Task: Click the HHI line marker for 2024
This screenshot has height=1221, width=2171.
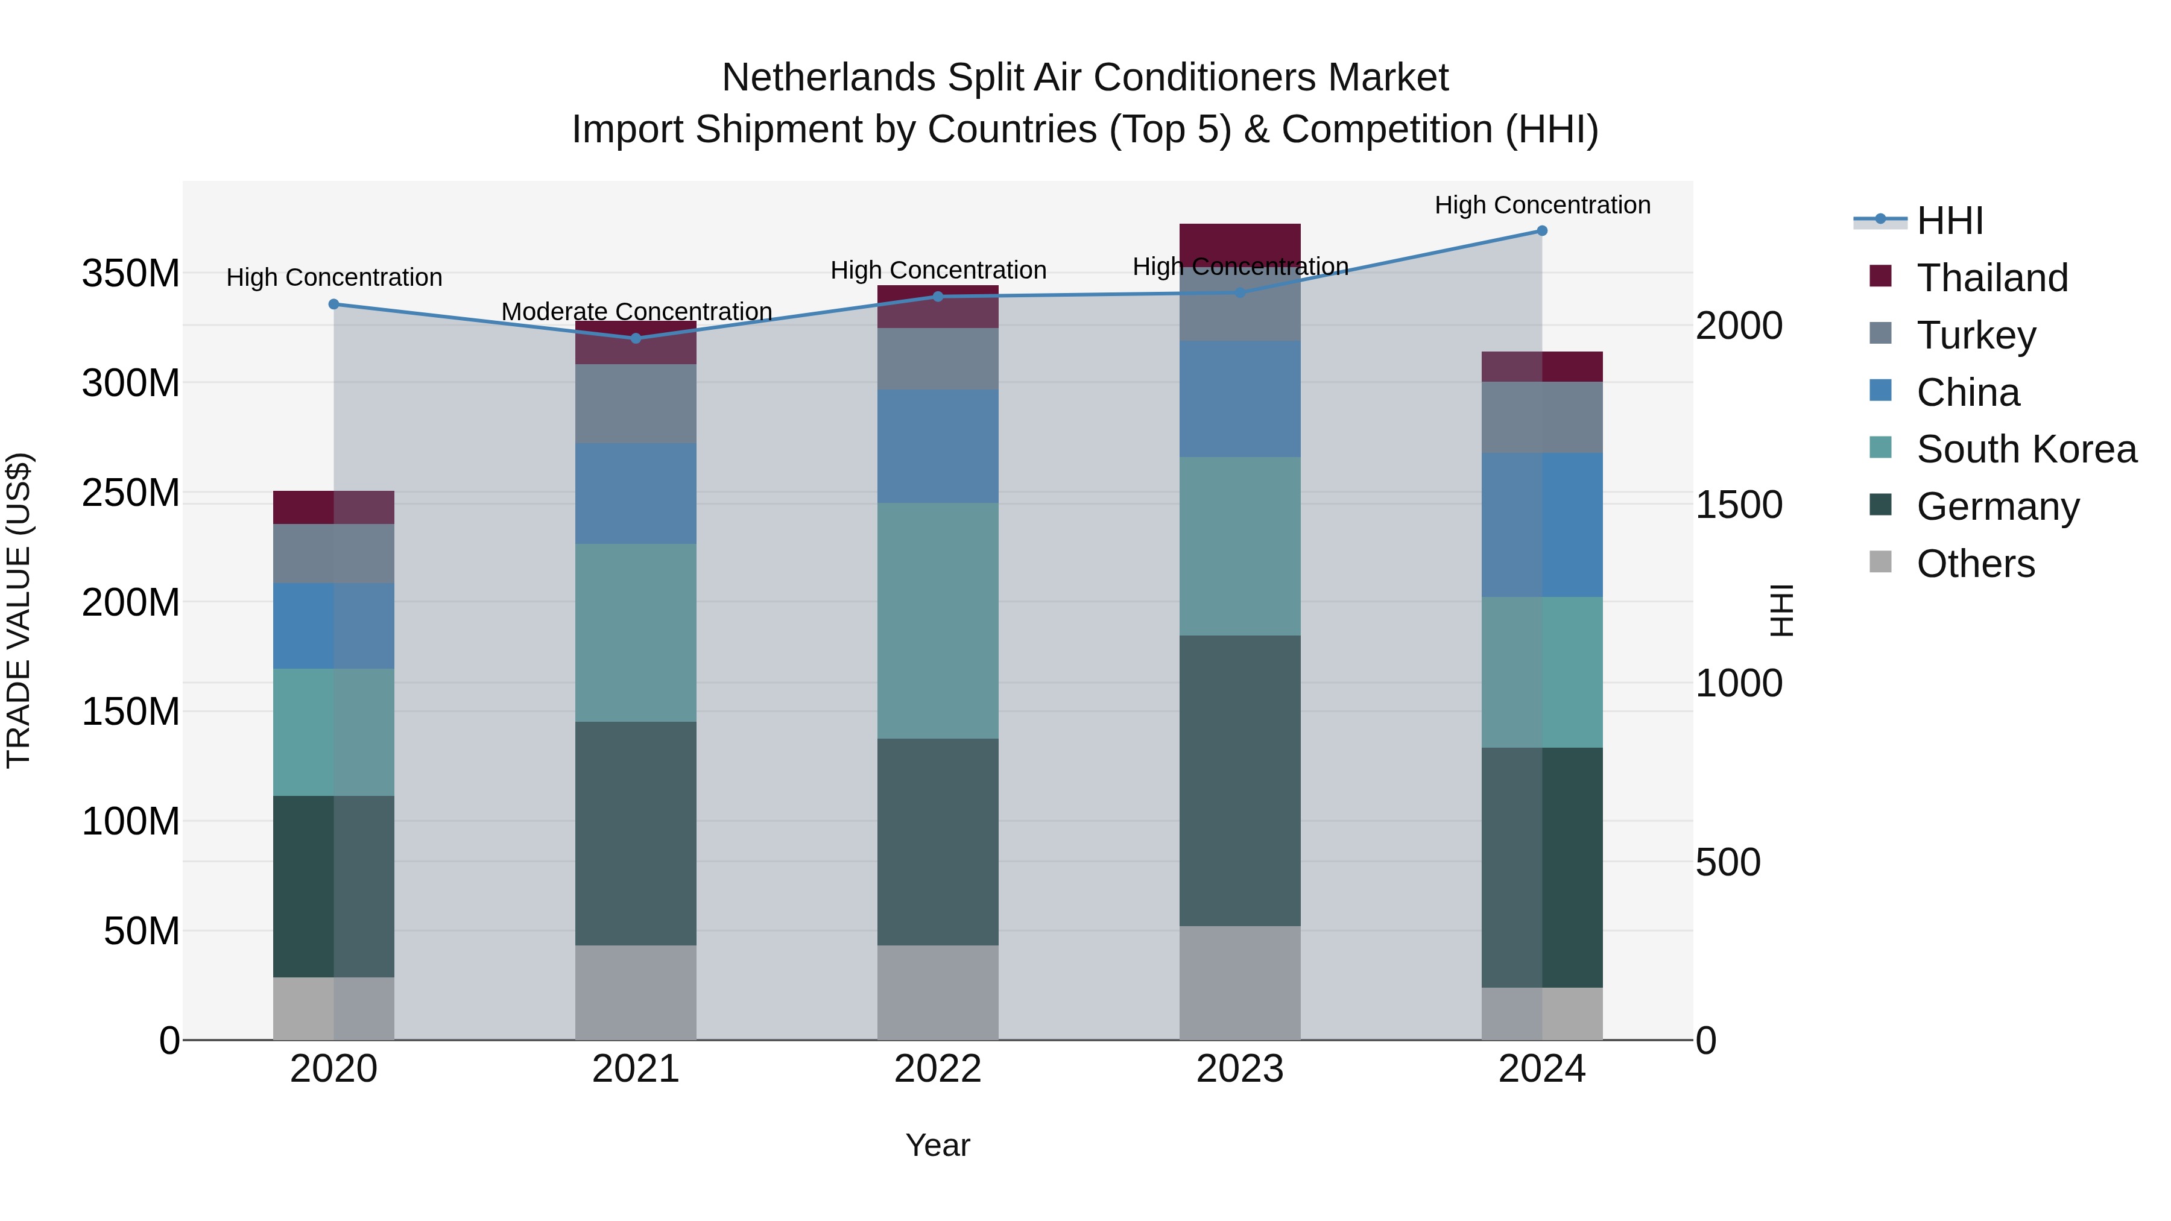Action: tap(1541, 231)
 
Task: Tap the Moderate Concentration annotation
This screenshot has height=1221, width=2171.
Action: tap(636, 312)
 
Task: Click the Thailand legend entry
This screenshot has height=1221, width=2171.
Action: tap(1991, 278)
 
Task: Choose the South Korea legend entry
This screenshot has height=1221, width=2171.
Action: tap(2026, 449)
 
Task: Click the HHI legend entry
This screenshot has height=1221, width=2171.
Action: tap(1949, 221)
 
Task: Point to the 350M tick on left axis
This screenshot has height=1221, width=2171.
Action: tap(131, 274)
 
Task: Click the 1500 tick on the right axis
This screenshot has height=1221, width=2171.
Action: tap(1739, 505)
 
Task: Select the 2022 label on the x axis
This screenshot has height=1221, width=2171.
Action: tap(937, 1069)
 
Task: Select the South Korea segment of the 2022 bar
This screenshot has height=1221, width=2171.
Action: tap(937, 620)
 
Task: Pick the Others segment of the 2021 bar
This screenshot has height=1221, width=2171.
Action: tap(636, 992)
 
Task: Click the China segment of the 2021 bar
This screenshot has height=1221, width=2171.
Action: tap(636, 493)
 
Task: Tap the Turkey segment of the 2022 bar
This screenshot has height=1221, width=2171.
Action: tap(937, 358)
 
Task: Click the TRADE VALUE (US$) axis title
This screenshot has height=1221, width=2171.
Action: tap(19, 610)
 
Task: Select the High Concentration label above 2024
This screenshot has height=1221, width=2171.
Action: tap(1541, 205)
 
